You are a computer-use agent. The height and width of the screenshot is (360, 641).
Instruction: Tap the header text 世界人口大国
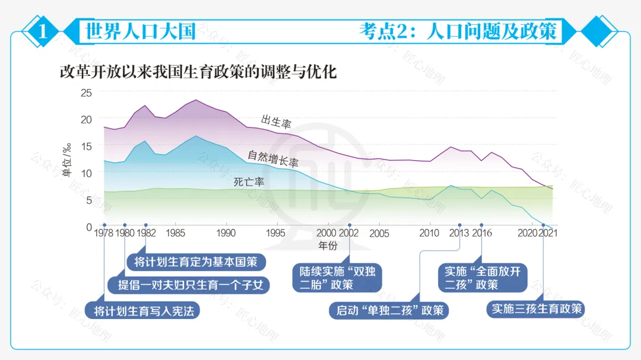pyautogui.click(x=140, y=31)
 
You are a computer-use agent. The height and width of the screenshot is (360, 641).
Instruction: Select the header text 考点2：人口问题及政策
pyautogui.click(x=458, y=31)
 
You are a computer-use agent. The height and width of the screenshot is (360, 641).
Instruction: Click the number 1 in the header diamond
pyautogui.click(x=42, y=31)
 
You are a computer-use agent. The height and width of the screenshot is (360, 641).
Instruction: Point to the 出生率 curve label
pyautogui.click(x=276, y=122)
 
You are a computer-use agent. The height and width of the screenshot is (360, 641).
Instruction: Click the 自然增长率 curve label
pyautogui.click(x=273, y=158)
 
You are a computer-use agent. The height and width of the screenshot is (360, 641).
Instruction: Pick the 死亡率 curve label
pyautogui.click(x=249, y=182)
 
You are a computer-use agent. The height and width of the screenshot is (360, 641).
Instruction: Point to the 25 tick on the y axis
pyautogui.click(x=86, y=93)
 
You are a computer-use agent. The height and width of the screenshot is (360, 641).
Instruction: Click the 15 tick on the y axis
pyautogui.click(x=86, y=146)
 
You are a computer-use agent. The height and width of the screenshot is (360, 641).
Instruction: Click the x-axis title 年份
pyautogui.click(x=328, y=245)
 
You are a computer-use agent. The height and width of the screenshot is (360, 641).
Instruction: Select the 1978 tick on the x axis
pyautogui.click(x=104, y=234)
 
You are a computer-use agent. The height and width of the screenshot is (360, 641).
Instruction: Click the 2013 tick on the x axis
pyautogui.click(x=459, y=234)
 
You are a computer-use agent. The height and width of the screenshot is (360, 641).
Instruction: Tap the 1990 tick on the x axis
pyautogui.click(x=226, y=234)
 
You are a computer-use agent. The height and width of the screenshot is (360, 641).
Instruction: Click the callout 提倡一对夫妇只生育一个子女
pyautogui.click(x=189, y=285)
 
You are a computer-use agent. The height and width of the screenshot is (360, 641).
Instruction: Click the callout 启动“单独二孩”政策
pyautogui.click(x=389, y=310)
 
